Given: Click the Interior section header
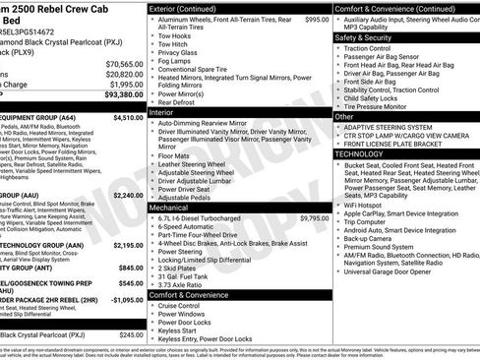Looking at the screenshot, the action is (161, 113).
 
